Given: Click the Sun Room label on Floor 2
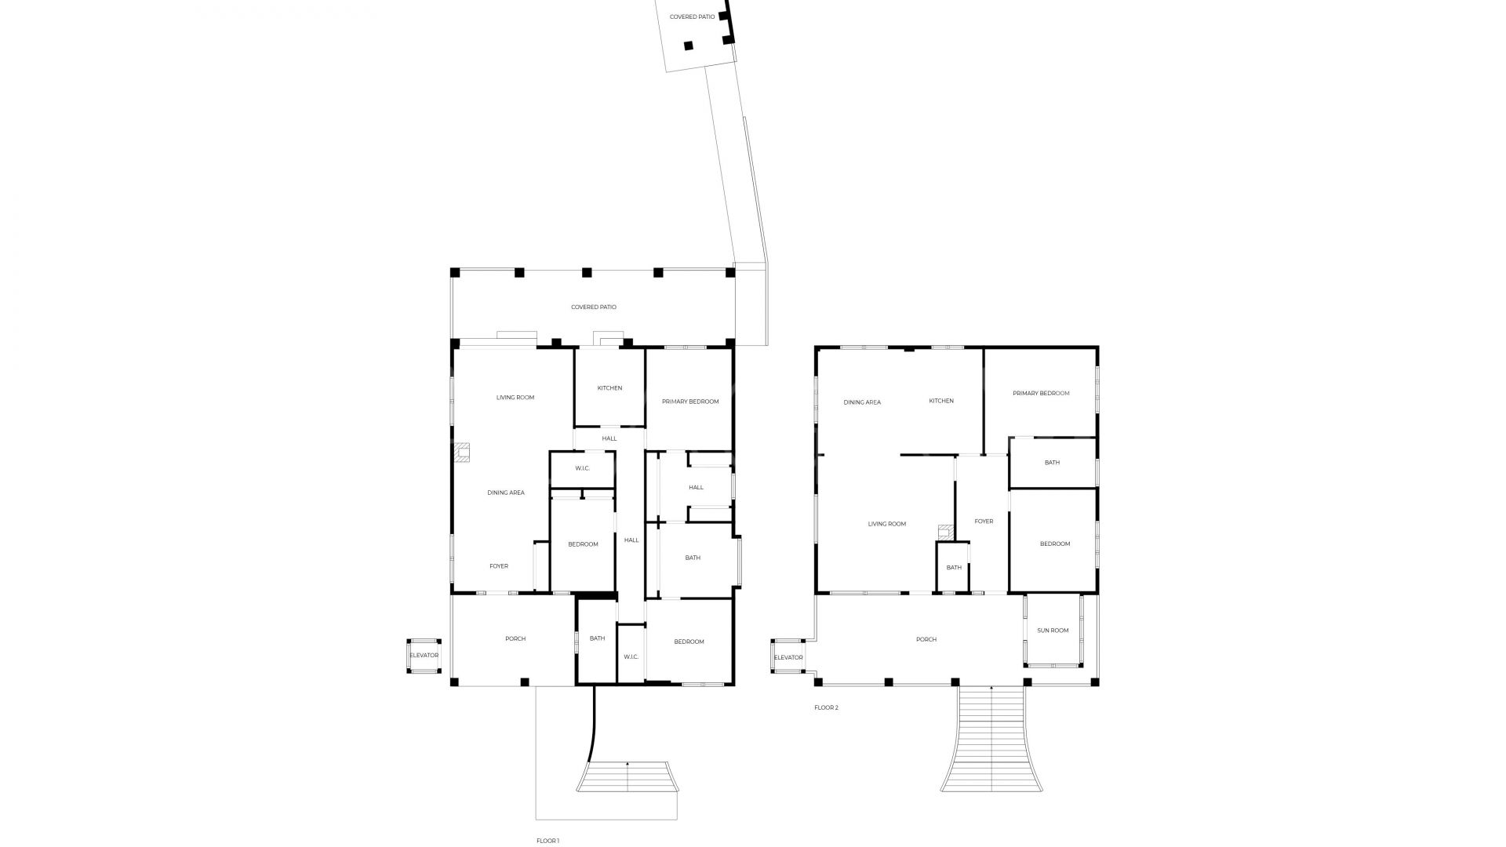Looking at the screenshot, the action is (1053, 631).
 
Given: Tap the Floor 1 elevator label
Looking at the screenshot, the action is (424, 655).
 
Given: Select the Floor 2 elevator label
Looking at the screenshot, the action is (788, 657).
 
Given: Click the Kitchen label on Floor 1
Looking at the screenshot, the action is (609, 388).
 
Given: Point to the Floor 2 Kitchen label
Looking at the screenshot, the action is (941, 401).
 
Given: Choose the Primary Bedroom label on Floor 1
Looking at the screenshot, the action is (690, 402).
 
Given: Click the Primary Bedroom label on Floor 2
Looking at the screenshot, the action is (1041, 393).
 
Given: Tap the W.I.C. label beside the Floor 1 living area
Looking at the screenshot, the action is (582, 468).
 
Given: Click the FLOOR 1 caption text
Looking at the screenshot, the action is (547, 841).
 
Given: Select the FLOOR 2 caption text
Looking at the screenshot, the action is (826, 707).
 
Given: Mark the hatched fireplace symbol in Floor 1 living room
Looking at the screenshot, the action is (461, 453).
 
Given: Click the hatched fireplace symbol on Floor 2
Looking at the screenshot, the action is (946, 533).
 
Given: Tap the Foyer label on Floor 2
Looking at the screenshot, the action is (984, 522).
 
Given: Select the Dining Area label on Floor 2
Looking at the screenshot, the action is (862, 402).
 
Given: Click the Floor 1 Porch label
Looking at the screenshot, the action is (515, 638).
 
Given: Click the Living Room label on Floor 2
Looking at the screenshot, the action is (887, 524).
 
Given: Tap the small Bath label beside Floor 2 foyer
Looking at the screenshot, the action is (954, 568).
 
